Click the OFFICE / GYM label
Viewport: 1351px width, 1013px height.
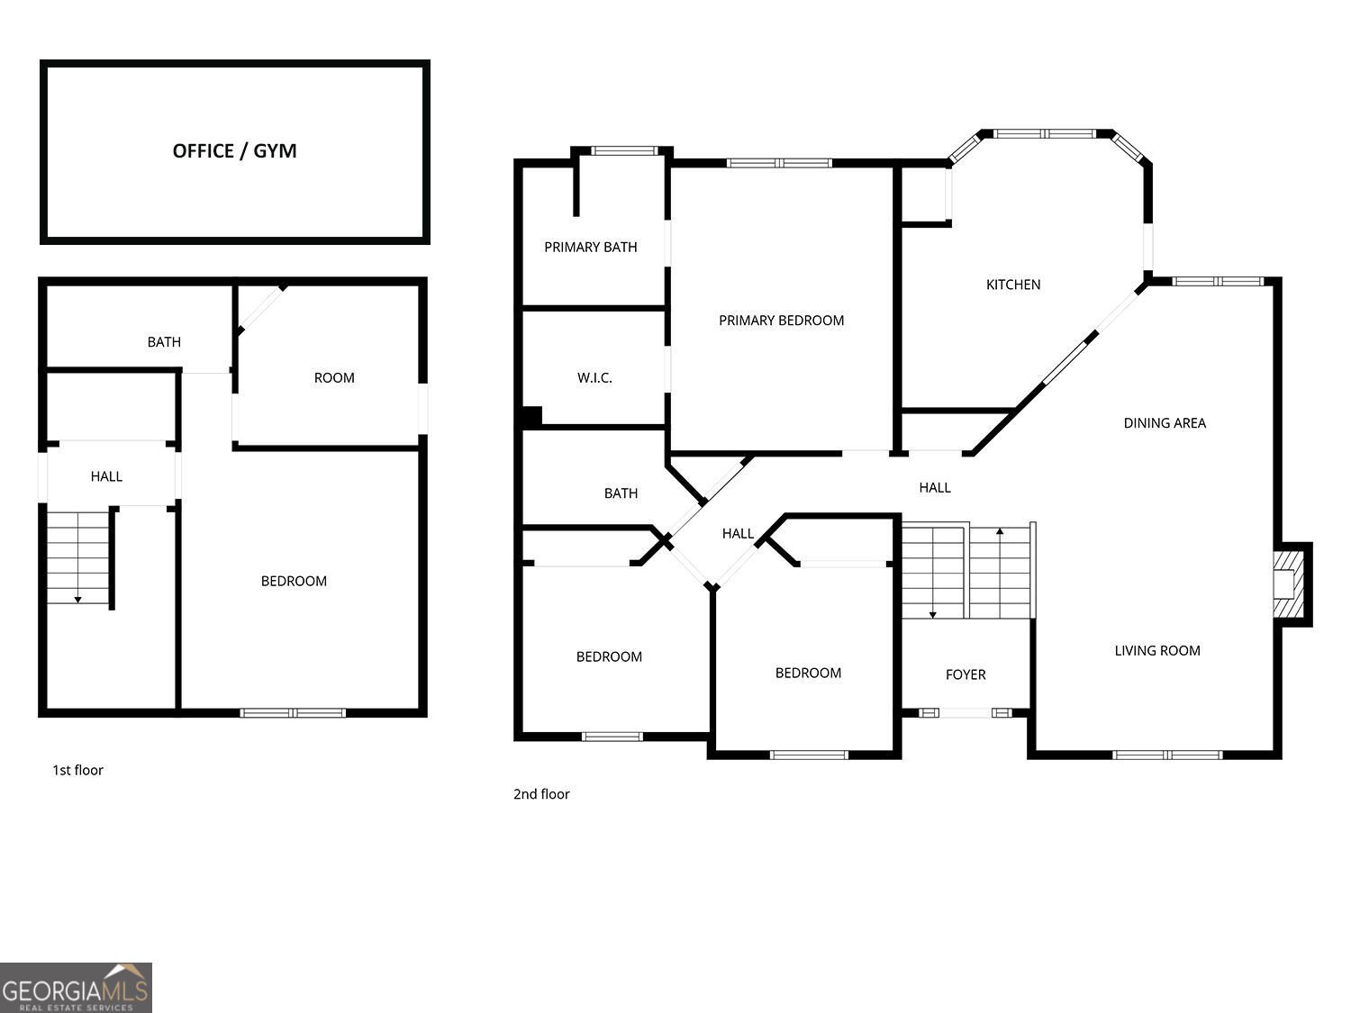point(234,150)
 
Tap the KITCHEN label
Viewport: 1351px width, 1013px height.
point(1013,285)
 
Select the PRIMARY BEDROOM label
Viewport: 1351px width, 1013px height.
point(781,321)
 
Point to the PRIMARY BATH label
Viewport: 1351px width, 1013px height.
point(590,247)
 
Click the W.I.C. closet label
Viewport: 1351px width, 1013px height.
point(594,378)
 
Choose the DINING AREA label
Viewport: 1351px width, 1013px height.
point(1164,423)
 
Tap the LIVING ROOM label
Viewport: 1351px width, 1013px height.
point(1156,651)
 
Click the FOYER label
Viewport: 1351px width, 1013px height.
point(966,674)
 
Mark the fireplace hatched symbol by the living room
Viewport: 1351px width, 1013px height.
point(1290,583)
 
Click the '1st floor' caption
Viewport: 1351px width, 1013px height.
point(77,770)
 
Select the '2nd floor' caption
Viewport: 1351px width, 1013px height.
point(541,794)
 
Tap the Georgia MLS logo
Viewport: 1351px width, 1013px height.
point(76,988)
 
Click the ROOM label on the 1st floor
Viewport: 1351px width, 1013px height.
point(334,378)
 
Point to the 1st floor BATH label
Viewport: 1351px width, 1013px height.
point(164,342)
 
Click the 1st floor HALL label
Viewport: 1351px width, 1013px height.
point(106,476)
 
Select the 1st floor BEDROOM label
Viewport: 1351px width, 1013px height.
point(294,582)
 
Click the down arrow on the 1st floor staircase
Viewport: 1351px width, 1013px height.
point(78,597)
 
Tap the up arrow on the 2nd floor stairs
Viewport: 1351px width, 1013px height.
point(1000,533)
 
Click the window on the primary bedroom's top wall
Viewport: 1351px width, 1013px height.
point(779,163)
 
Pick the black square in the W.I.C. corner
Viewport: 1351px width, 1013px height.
point(531,416)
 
